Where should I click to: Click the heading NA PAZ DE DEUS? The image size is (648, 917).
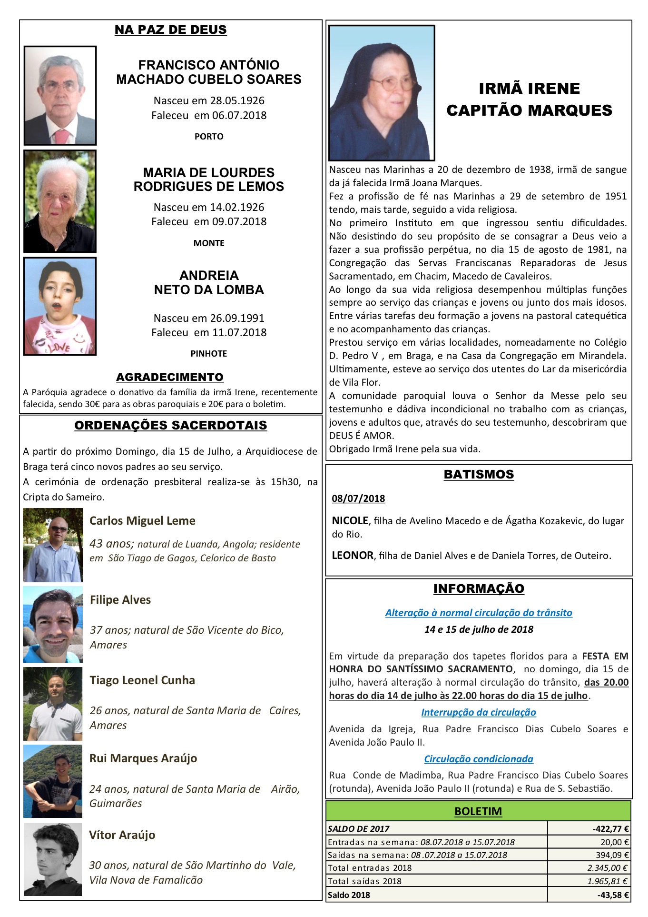(x=170, y=30)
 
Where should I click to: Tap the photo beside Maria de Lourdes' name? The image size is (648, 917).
(x=60, y=201)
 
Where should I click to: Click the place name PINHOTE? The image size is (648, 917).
(x=209, y=353)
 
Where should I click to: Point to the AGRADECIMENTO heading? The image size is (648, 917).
(x=170, y=377)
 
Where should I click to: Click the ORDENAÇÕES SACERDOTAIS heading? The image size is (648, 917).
(x=171, y=426)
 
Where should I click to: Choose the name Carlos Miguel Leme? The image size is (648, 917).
(x=142, y=520)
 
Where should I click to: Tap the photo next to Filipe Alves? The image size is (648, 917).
(x=53, y=624)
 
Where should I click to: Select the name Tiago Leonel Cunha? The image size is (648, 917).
(x=142, y=680)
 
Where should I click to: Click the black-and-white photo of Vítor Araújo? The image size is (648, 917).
(x=53, y=859)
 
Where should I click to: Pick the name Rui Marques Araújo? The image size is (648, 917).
(x=143, y=758)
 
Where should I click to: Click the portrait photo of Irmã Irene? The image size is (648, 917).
(x=382, y=92)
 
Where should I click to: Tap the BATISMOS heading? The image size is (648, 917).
(x=479, y=474)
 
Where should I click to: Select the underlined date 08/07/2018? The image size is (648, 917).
(x=358, y=498)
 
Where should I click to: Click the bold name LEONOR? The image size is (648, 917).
(x=353, y=555)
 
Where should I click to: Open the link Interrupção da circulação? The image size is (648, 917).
(x=479, y=712)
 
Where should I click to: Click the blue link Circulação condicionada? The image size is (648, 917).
(x=479, y=759)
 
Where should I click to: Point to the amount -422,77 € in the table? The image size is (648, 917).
(x=611, y=829)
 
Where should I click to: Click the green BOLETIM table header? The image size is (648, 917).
(x=478, y=811)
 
